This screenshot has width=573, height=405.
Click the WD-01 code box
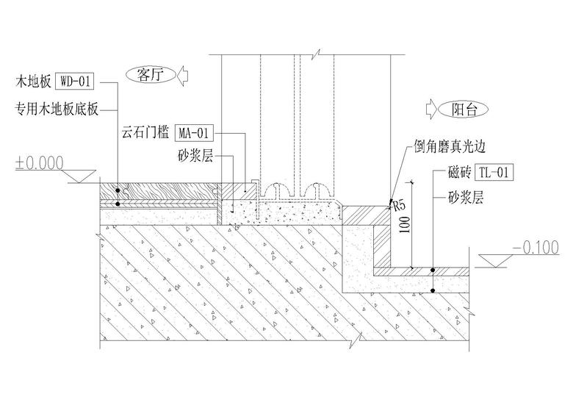tap(76, 80)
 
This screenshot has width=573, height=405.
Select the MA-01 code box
tap(195, 133)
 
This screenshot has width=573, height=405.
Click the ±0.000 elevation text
tap(39, 162)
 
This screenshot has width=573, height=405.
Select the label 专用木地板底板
tap(57, 110)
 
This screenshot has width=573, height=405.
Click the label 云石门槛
tap(146, 134)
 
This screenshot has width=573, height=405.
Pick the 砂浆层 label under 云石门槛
tap(195, 156)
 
